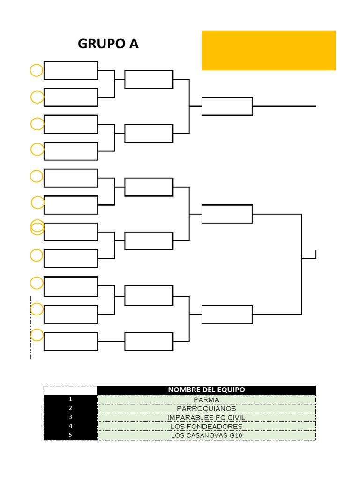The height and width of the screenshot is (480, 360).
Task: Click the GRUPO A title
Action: pyautogui.click(x=108, y=44)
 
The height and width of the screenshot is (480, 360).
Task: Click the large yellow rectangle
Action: pyautogui.click(x=269, y=51)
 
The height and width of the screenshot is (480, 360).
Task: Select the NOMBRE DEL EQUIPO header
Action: pyautogui.click(x=206, y=390)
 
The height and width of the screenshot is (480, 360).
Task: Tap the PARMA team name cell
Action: pyautogui.click(x=206, y=399)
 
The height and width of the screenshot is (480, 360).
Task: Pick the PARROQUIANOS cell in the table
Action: pyautogui.click(x=206, y=408)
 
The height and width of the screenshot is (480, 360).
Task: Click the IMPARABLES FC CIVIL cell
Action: pyautogui.click(x=206, y=417)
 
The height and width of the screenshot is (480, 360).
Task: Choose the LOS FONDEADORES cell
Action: pyautogui.click(x=206, y=426)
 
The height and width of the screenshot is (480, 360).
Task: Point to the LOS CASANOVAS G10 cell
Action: pyautogui.click(x=206, y=435)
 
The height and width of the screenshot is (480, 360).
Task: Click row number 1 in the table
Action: pyautogui.click(x=70, y=399)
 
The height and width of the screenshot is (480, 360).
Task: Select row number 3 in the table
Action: pyautogui.click(x=70, y=417)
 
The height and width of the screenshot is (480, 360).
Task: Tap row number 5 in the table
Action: pyautogui.click(x=70, y=435)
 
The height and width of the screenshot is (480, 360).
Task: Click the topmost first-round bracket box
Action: pyautogui.click(x=71, y=70)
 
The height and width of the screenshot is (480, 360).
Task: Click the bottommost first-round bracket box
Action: pyautogui.click(x=71, y=341)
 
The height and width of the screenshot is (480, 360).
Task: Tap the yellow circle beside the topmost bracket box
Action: pyautogui.click(x=37, y=70)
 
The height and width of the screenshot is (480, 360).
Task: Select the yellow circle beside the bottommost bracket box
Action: pyautogui.click(x=37, y=335)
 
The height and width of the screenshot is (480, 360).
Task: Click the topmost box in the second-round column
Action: pyautogui.click(x=149, y=79)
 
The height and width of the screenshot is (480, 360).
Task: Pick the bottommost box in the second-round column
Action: pyautogui.click(x=149, y=341)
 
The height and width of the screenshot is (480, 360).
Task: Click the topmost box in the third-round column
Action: pyautogui.click(x=227, y=106)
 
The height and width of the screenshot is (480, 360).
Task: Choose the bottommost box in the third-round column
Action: pyautogui.click(x=227, y=314)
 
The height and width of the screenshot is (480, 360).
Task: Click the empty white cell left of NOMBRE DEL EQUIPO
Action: pyautogui.click(x=70, y=390)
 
